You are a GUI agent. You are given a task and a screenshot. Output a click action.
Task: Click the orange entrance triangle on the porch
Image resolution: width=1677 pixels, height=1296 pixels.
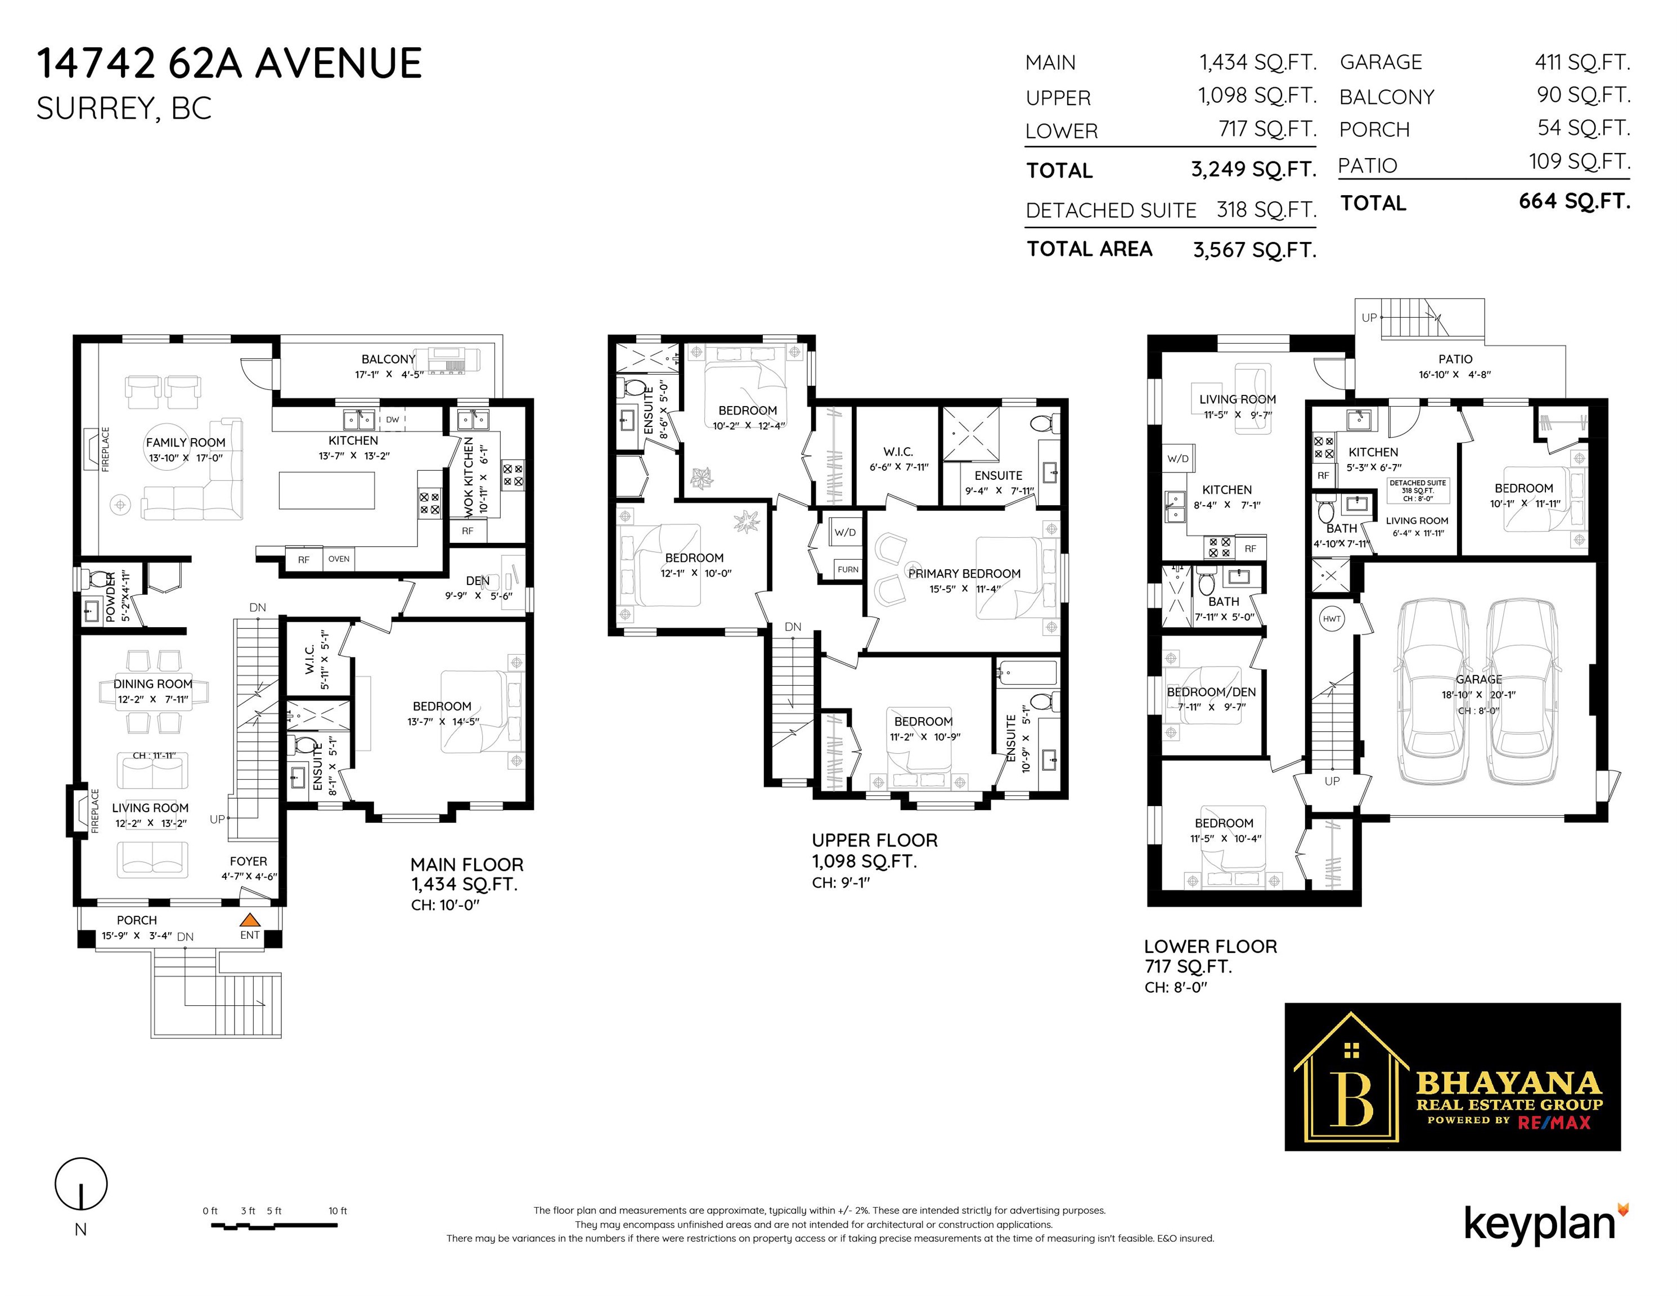(x=250, y=919)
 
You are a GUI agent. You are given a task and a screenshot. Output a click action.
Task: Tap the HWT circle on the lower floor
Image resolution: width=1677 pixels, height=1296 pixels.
(x=1332, y=619)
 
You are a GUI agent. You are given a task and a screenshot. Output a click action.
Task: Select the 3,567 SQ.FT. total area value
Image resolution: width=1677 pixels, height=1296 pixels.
(x=1255, y=250)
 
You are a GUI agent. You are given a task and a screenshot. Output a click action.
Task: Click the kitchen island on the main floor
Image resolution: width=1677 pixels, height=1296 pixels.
(x=327, y=490)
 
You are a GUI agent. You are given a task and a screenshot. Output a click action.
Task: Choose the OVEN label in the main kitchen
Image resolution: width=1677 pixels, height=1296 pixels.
(x=339, y=559)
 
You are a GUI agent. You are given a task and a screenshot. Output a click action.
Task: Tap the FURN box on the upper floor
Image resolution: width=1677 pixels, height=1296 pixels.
(x=848, y=569)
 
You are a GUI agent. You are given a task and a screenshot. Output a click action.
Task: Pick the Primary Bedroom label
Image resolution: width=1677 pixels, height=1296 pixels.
(x=964, y=574)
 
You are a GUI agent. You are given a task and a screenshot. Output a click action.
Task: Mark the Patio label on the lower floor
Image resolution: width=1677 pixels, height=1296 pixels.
(x=1455, y=358)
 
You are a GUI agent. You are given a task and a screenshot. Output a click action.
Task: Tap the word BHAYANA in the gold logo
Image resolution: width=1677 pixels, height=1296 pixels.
(x=1509, y=1083)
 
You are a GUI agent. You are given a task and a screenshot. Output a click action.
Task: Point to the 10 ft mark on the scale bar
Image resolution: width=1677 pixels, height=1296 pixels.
(x=338, y=1210)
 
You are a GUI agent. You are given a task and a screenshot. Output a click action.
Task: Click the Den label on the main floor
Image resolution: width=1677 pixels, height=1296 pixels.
(x=478, y=580)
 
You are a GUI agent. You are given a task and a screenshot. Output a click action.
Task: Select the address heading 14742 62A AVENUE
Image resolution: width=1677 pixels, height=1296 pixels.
(x=230, y=63)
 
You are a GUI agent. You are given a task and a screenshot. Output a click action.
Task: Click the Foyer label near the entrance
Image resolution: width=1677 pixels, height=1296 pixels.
(x=249, y=861)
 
